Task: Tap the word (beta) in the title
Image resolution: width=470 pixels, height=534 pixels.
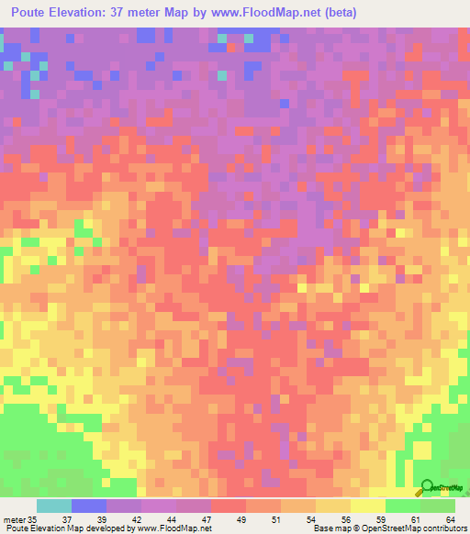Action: (338, 13)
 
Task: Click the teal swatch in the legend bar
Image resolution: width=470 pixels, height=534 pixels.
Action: (53, 506)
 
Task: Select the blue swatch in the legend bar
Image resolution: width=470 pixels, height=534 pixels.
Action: (88, 506)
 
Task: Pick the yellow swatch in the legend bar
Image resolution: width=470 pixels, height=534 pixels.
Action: (368, 506)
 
